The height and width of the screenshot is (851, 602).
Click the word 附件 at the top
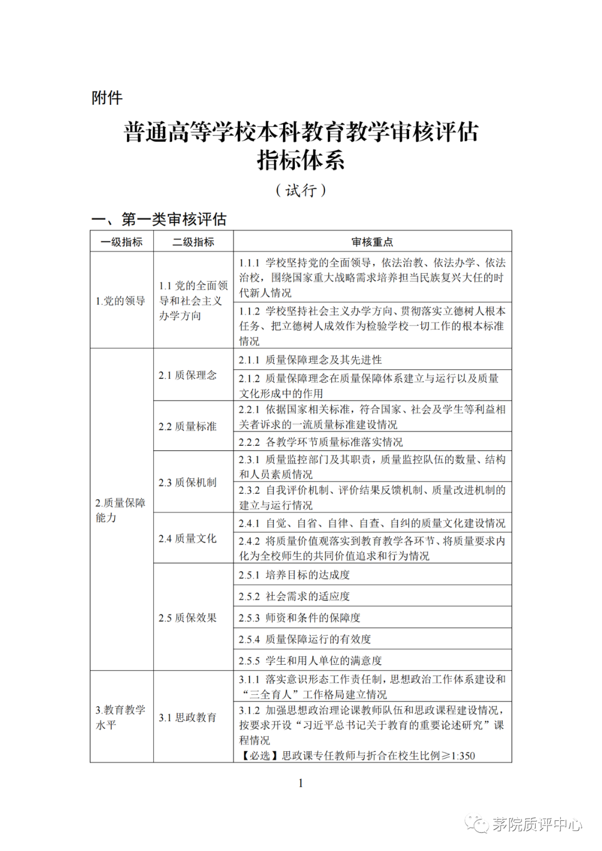(x=107, y=98)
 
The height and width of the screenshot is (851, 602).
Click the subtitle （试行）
(x=301, y=191)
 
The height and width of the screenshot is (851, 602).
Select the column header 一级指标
(x=122, y=242)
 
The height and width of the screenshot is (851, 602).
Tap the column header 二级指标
(x=193, y=242)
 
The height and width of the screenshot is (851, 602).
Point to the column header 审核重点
(x=372, y=242)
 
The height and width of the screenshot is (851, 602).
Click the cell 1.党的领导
(x=120, y=301)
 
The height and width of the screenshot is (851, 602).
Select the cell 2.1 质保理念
(x=187, y=375)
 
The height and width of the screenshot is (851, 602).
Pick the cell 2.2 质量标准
(x=187, y=426)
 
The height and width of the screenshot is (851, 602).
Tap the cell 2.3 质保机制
(x=187, y=483)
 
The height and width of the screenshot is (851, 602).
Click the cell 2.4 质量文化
(x=187, y=538)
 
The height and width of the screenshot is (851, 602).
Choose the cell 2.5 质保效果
(x=187, y=617)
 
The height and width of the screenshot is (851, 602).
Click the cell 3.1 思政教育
(x=187, y=717)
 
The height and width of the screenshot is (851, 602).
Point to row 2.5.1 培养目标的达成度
(x=294, y=575)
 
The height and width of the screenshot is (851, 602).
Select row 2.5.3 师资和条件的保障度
(x=299, y=617)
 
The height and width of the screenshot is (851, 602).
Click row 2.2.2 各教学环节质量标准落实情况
(x=321, y=442)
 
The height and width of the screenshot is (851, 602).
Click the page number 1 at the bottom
(x=300, y=783)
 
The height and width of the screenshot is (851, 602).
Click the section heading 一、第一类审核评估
(x=159, y=220)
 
